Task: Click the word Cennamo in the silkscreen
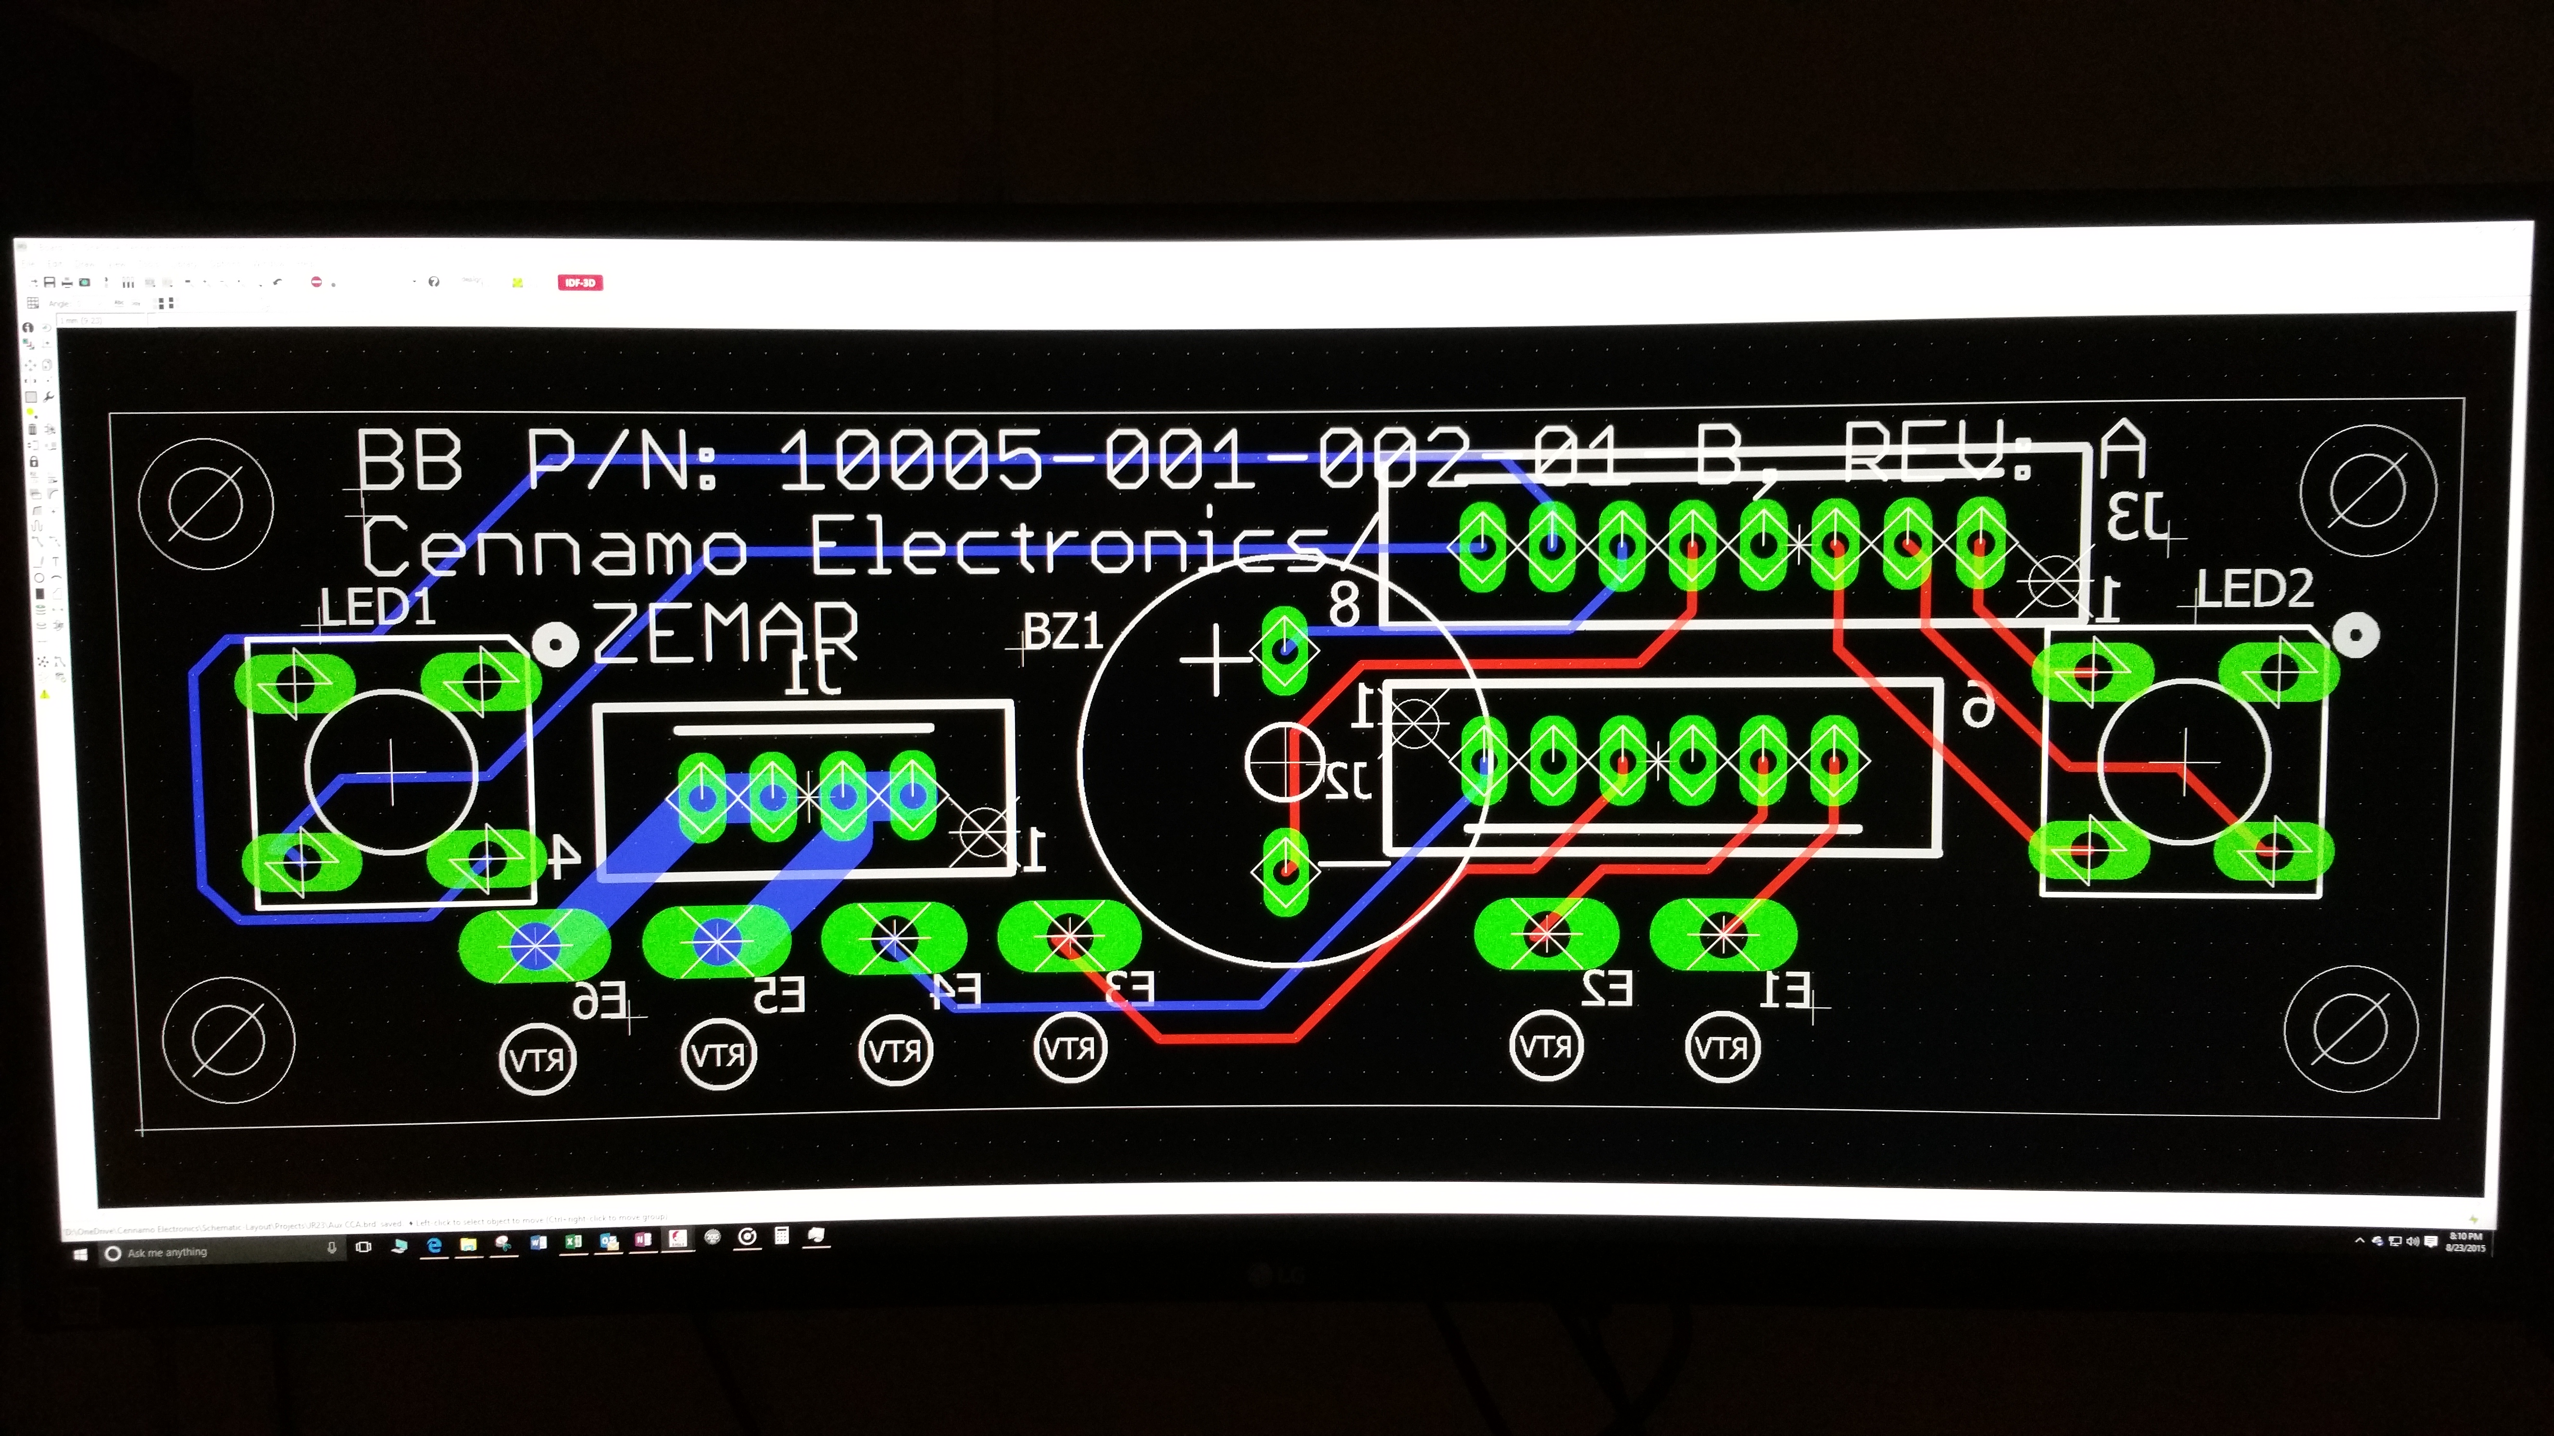click(x=553, y=545)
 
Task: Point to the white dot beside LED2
click(x=2355, y=634)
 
